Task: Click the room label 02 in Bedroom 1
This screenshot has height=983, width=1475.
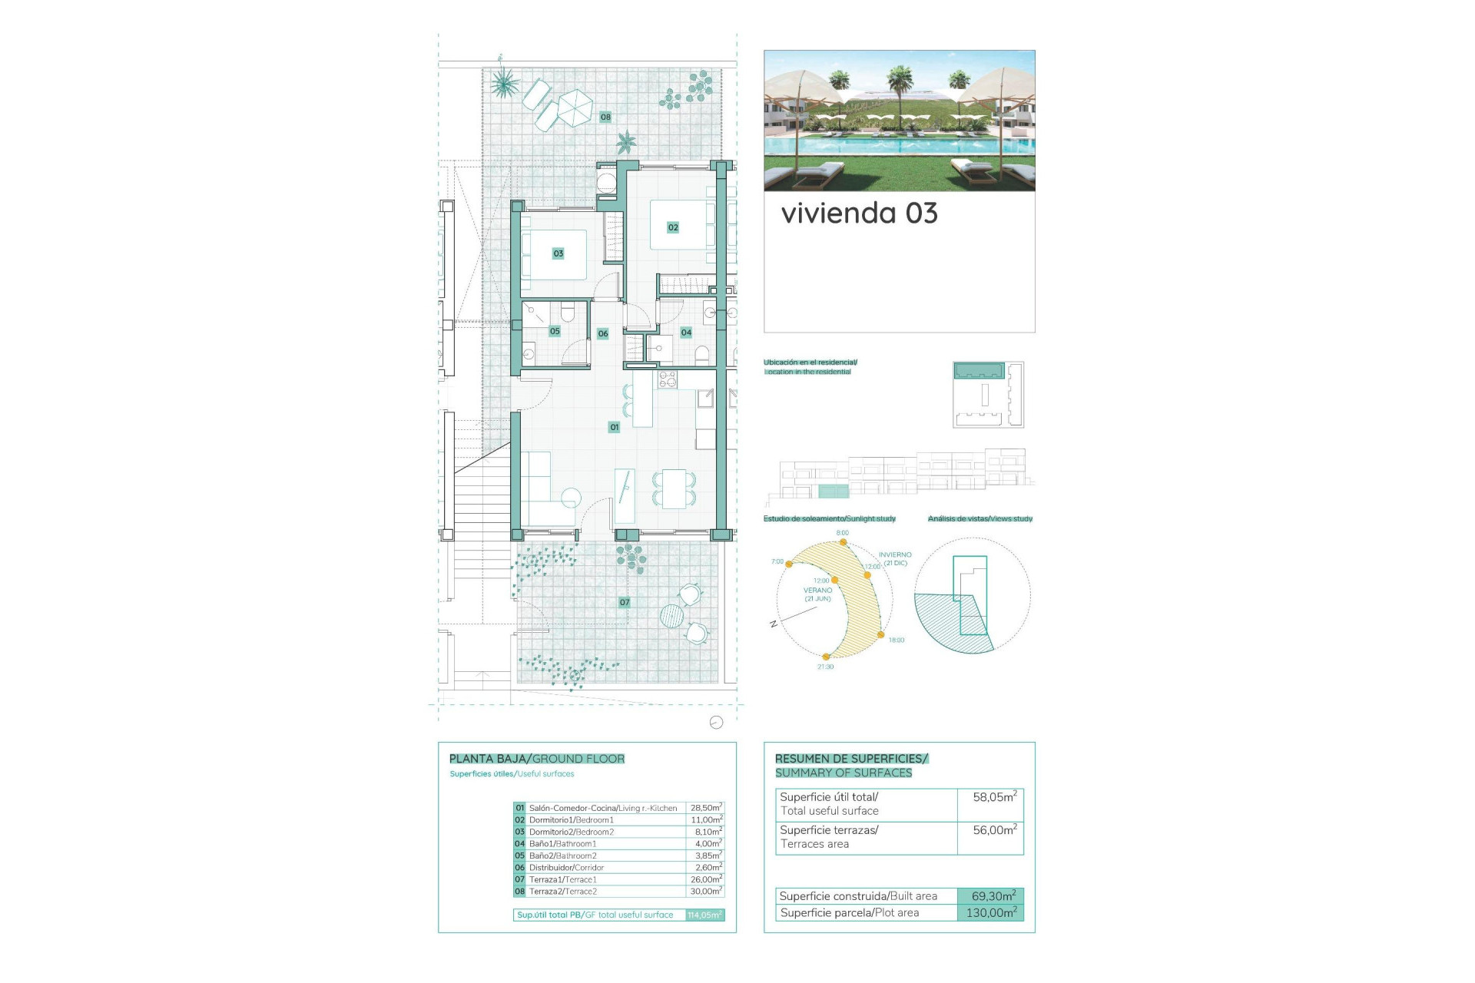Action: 673,227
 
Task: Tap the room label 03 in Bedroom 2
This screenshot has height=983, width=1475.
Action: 559,253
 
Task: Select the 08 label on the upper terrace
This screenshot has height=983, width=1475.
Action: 605,117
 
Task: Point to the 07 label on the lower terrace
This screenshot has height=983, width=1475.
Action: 625,603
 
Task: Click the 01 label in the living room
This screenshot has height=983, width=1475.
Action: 614,427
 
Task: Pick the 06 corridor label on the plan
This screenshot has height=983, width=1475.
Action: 603,334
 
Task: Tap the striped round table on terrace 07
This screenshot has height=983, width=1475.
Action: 671,616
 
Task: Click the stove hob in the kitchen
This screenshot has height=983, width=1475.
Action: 667,379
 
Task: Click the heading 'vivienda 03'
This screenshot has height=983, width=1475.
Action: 859,213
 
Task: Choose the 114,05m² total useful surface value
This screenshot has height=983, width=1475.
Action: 704,915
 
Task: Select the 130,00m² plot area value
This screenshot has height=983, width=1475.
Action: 991,913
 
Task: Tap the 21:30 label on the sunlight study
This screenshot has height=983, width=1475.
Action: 825,667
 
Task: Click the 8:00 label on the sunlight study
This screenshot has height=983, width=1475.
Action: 843,533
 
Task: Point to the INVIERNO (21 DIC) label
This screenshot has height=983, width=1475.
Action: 895,558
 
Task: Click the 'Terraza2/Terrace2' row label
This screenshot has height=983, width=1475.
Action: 562,892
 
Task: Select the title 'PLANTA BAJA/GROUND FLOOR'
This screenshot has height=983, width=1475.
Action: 537,759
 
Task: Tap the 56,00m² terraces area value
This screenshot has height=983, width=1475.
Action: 994,830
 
